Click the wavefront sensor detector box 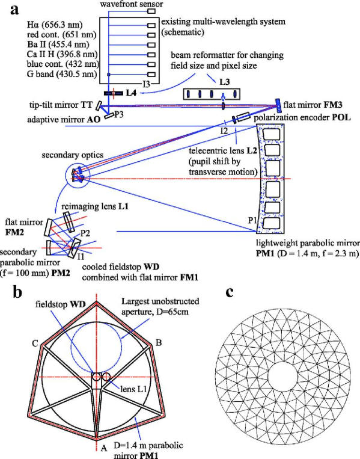151,11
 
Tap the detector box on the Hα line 151,25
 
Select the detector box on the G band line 151,75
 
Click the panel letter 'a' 14,10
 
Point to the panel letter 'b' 17,292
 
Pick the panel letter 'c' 230,292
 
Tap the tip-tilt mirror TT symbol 99,105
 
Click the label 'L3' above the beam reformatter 224,82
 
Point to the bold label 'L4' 131,93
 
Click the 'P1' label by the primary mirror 252,220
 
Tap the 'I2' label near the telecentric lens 224,131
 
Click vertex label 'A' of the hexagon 103,447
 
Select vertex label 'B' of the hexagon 159,342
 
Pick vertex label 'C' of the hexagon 35,343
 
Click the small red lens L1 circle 106,377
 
